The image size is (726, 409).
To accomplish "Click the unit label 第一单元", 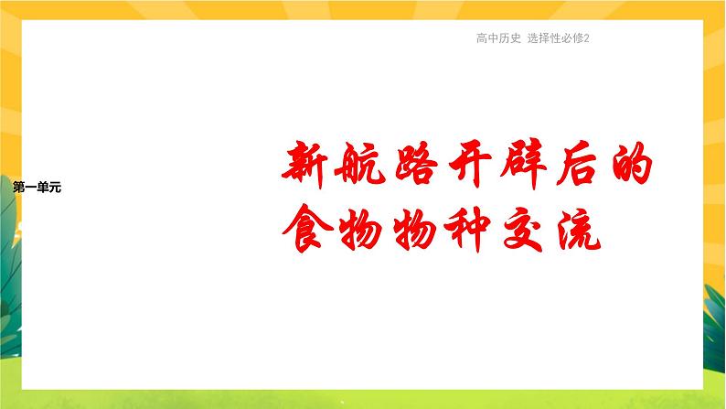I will click(38, 188).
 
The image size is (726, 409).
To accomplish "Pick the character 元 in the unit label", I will click(56, 188).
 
